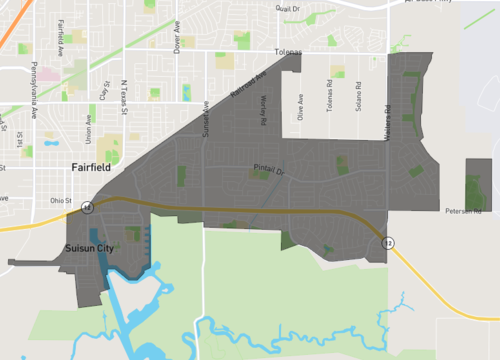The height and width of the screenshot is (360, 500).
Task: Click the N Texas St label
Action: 125,96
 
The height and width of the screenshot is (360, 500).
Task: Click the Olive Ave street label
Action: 301,107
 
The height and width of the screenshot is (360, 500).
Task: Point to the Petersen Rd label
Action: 463,212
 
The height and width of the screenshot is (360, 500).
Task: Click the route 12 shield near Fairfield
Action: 88,207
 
